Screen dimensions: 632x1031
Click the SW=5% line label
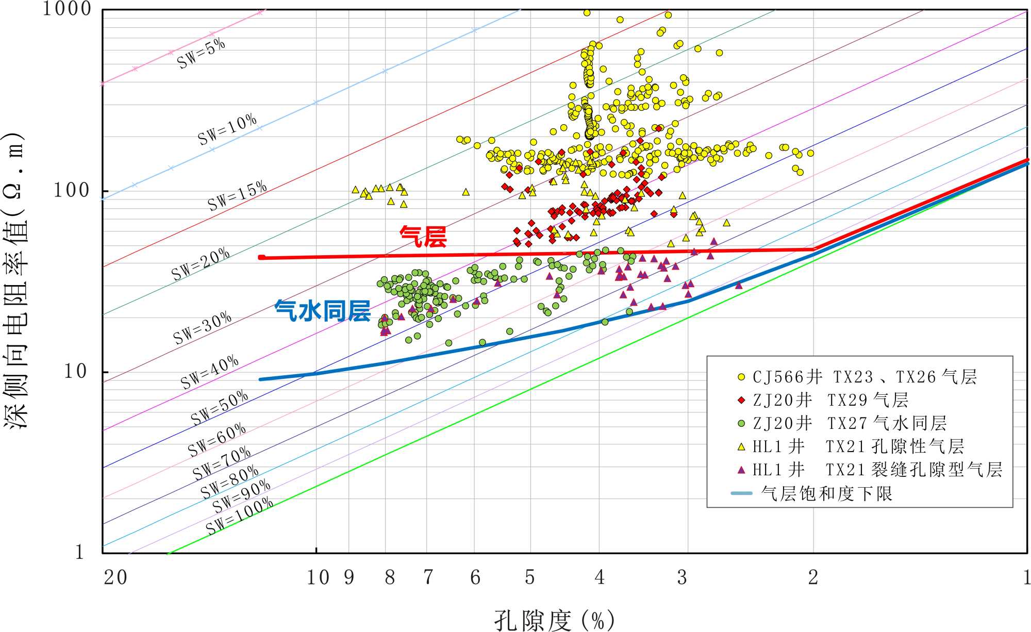pyautogui.click(x=201, y=53)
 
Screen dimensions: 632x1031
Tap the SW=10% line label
pyautogui.click(x=227, y=129)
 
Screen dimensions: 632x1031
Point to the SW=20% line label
pyautogui.click(x=201, y=264)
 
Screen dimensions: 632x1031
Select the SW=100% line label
pyautogui.click(x=240, y=516)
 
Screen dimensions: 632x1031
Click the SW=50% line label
pyautogui.click(x=220, y=407)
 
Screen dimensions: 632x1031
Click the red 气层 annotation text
pyautogui.click(x=423, y=237)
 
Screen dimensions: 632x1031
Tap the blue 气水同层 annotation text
pyautogui.click(x=322, y=311)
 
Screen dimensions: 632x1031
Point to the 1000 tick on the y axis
pyautogui.click(x=67, y=9)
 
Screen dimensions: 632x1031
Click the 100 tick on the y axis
pyautogui.click(x=72, y=190)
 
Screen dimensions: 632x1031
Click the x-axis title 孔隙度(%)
pyautogui.click(x=555, y=620)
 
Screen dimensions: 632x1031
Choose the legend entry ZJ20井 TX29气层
pyautogui.click(x=830, y=401)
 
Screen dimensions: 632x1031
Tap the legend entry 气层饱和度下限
pyautogui.click(x=826, y=494)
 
